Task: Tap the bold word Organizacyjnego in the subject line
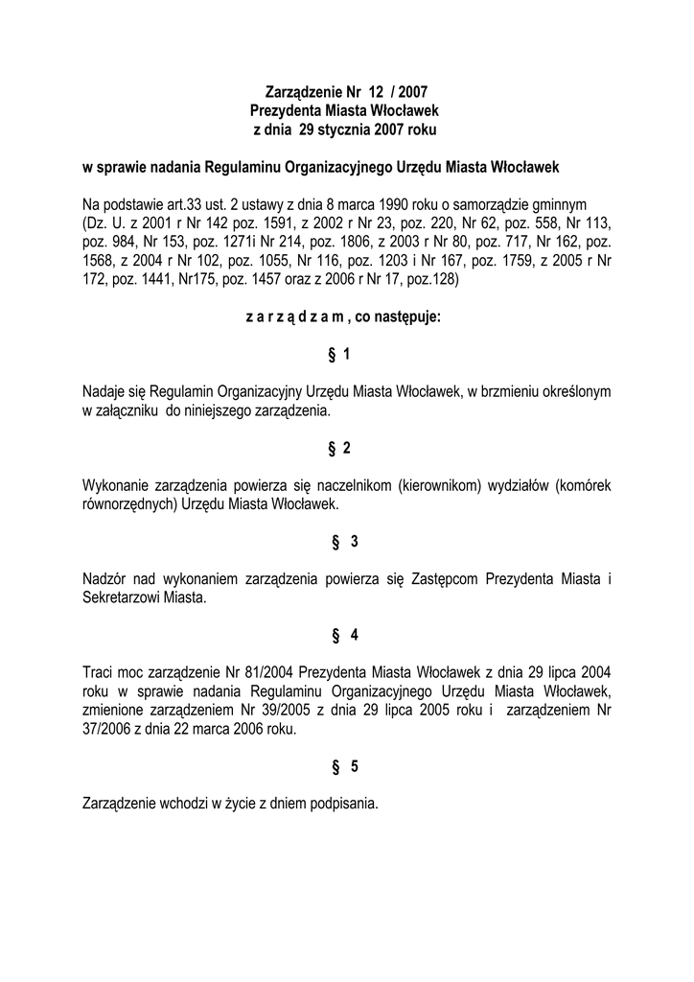click(x=358, y=167)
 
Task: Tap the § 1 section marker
click(x=339, y=355)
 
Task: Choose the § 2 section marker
click(x=339, y=449)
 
